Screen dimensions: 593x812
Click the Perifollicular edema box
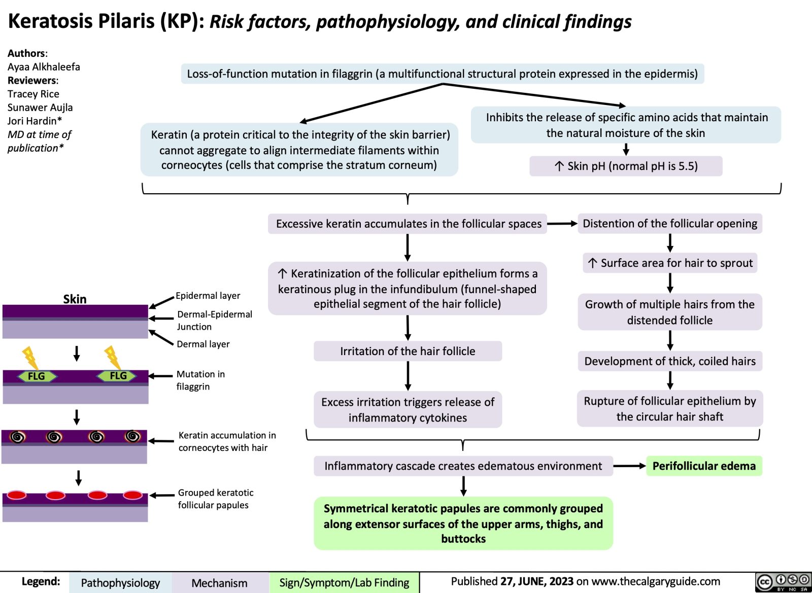704,466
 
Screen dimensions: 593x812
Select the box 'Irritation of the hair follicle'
408,351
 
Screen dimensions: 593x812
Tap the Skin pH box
626,166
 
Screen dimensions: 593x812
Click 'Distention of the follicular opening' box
670,224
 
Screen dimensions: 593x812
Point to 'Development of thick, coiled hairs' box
670,361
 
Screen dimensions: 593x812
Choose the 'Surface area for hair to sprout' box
670,263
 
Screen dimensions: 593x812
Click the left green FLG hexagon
36,376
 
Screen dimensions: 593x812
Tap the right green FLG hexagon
118,375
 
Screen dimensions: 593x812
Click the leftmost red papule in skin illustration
16,495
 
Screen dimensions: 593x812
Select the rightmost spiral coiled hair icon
133,436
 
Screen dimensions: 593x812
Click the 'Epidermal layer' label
208,296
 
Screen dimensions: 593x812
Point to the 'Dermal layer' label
203,344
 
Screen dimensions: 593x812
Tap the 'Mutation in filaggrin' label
200,380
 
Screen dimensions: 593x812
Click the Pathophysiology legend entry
120,583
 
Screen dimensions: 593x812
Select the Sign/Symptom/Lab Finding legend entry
344,583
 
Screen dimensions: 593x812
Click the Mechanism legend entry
219,583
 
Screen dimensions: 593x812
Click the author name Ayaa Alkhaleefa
44,67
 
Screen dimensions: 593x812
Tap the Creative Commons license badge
783,581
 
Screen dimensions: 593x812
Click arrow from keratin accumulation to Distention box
562,224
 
